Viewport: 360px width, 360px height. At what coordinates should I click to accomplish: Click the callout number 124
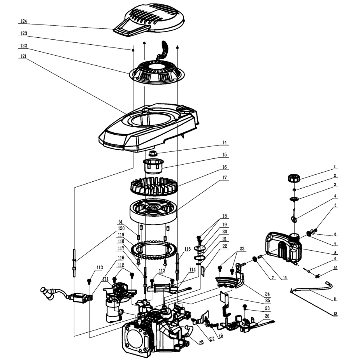pyautogui.click(x=24, y=21)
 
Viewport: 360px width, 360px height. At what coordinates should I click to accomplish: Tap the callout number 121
pyautogui.click(x=24, y=56)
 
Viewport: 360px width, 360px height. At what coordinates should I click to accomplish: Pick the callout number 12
pyautogui.click(x=335, y=313)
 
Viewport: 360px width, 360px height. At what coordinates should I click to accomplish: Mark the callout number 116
pyautogui.click(x=120, y=258)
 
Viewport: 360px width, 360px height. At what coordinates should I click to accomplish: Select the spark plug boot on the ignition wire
pyautogui.click(x=49, y=292)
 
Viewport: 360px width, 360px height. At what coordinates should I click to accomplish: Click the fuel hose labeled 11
pyautogui.click(x=311, y=288)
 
